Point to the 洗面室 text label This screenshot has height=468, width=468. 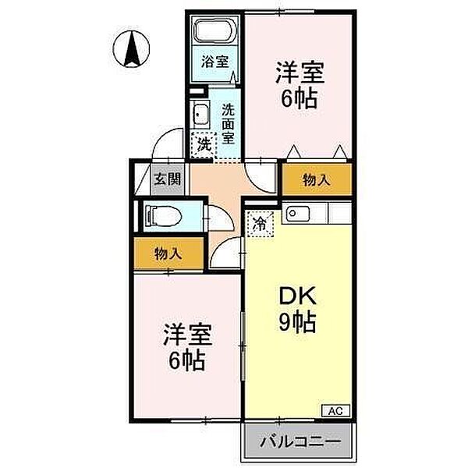229,123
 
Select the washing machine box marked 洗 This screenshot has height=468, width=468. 204,144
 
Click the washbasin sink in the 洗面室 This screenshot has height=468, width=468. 200,115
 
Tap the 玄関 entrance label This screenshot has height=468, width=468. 167,179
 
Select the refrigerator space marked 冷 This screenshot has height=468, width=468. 261,225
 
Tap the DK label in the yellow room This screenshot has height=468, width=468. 297,296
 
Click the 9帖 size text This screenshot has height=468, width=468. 297,323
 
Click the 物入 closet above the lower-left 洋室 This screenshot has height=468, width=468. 167,253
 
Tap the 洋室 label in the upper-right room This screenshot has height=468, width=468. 299,73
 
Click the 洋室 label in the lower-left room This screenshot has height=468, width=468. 187,336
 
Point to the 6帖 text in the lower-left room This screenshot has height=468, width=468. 187,361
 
